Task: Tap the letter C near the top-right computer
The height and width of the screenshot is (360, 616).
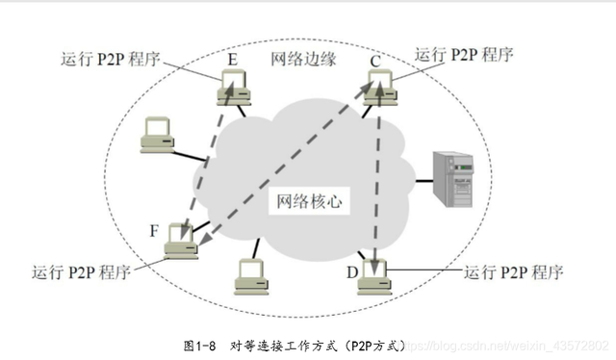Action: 377,62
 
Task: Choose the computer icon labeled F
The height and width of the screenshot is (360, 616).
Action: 182,242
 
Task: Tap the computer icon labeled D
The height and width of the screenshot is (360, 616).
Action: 374,274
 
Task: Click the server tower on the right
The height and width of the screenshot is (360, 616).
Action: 453,179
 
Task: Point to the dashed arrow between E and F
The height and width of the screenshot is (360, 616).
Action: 206,164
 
